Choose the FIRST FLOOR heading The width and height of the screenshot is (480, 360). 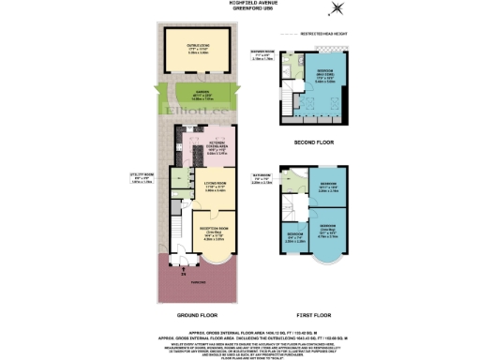tap(321, 315)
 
